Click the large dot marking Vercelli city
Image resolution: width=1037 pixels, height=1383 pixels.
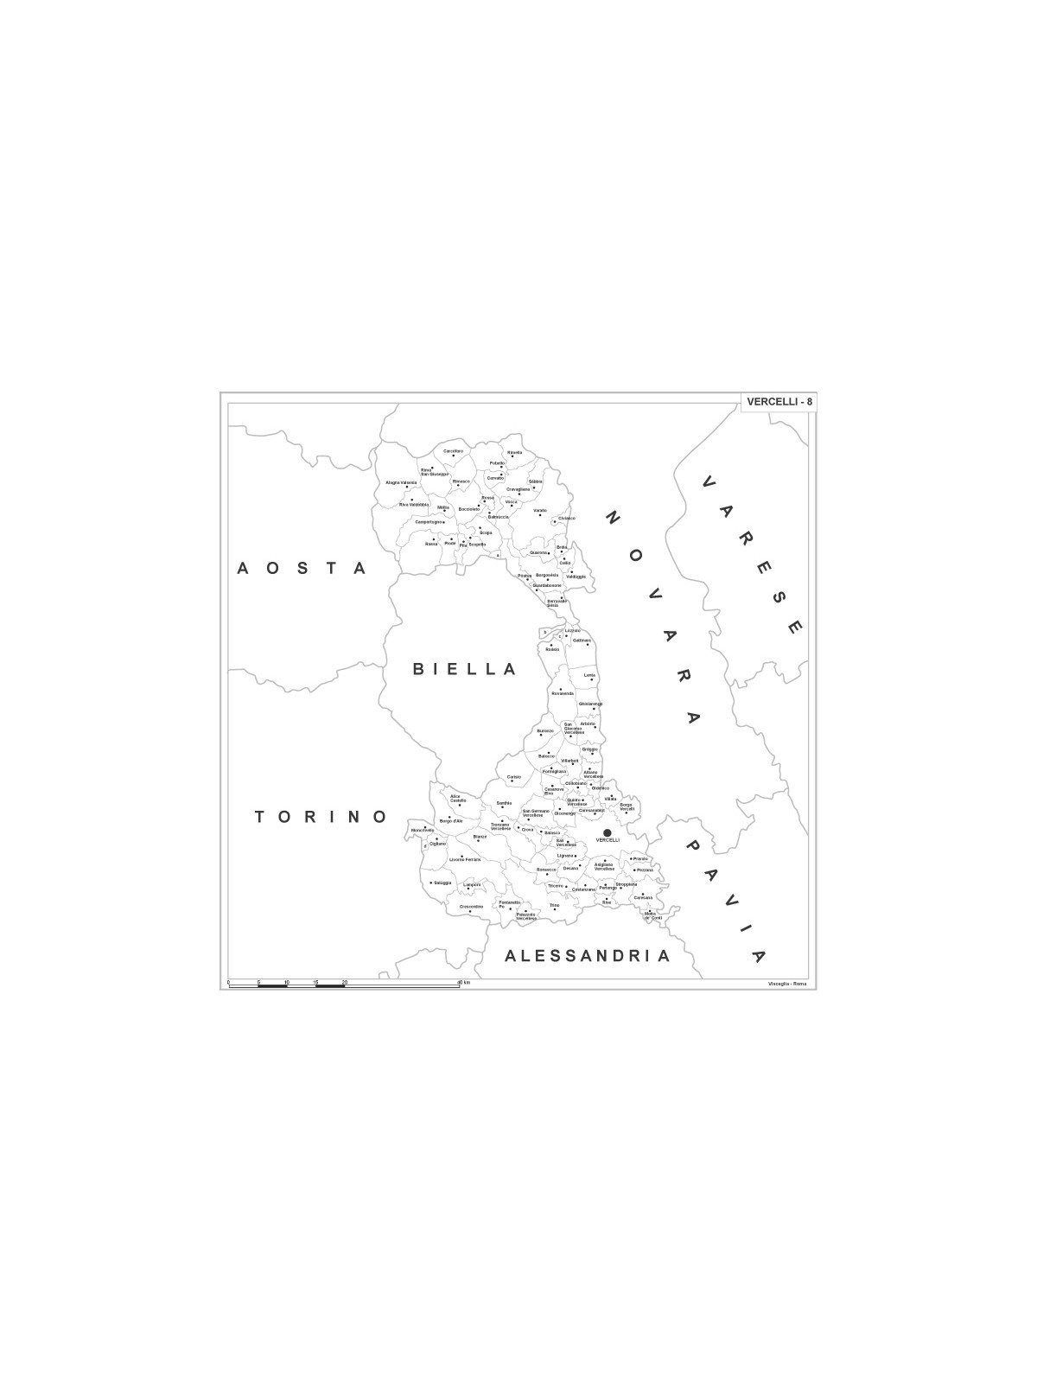coord(607,832)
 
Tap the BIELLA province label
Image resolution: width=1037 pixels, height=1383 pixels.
coord(464,669)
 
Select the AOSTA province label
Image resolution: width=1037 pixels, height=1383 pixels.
coord(302,568)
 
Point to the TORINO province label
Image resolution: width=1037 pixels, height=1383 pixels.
coord(321,817)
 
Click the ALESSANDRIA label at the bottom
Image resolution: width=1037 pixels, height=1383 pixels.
coord(587,956)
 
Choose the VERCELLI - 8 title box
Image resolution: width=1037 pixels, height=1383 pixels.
coord(779,401)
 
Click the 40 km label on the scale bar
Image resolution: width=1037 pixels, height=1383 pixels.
coord(463,984)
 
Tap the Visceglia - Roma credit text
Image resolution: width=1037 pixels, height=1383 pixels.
coord(786,985)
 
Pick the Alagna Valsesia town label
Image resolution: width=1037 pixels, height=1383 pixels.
coord(401,482)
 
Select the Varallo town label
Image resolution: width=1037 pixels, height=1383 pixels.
coord(540,511)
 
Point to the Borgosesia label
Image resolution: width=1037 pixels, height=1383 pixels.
coord(547,575)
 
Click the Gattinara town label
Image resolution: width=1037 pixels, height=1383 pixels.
coord(582,641)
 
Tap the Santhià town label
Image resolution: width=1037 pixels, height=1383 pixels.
coord(505,803)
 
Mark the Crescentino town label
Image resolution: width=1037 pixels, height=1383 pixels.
coord(471,906)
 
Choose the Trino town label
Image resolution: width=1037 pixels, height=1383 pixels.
coord(554,905)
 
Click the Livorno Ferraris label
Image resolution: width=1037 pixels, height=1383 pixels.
coord(464,859)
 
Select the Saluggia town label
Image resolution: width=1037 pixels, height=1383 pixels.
coord(442,883)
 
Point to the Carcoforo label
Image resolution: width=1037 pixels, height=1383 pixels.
coord(454,451)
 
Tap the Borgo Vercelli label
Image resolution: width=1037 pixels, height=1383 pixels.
coord(627,806)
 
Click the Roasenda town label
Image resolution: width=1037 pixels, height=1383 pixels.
coord(563,693)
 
